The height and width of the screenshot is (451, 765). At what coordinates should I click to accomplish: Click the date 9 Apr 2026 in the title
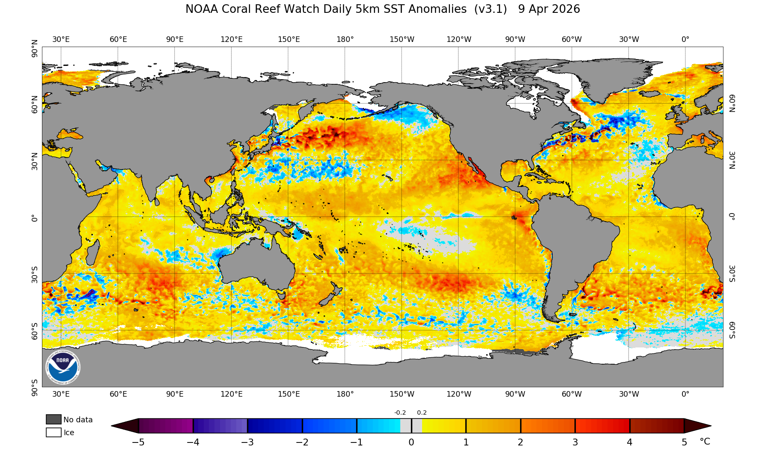point(549,9)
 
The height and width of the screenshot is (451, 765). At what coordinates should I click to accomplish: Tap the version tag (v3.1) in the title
point(490,9)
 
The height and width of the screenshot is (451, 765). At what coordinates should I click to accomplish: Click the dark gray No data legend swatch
point(54,419)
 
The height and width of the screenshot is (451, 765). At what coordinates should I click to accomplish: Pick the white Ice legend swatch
point(54,432)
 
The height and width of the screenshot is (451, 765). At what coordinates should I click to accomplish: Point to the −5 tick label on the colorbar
point(138,442)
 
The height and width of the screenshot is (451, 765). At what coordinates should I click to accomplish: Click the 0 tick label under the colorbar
point(411,442)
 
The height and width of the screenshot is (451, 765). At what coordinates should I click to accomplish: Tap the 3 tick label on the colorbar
point(575,442)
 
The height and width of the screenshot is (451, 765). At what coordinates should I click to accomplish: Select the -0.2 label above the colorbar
point(400,412)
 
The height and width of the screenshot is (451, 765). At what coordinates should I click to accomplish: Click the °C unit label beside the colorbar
point(705,442)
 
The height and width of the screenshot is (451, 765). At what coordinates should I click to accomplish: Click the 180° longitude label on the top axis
point(345,39)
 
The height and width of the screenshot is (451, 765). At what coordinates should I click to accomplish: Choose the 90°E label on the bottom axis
point(175,394)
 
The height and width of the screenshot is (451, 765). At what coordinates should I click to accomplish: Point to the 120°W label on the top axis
point(458,39)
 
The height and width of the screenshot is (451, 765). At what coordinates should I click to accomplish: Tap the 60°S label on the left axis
point(34,331)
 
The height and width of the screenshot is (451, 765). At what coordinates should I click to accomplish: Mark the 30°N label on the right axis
point(732,160)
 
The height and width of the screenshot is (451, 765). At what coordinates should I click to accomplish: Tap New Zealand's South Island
point(327,299)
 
